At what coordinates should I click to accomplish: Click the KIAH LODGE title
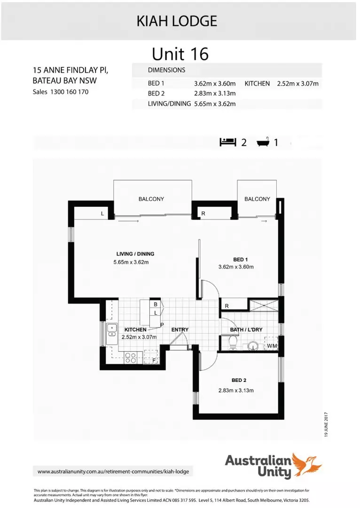(177, 21)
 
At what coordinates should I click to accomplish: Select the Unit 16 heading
(180, 54)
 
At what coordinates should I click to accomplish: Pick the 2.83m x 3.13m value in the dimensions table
(214, 94)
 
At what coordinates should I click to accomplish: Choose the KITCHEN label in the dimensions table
(257, 84)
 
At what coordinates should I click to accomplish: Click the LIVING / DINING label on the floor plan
(135, 254)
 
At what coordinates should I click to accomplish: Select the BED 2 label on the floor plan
(239, 380)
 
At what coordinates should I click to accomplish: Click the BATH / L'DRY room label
(246, 330)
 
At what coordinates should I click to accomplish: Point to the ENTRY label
(180, 330)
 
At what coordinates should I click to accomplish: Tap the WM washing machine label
(272, 346)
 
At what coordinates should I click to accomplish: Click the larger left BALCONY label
(151, 199)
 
